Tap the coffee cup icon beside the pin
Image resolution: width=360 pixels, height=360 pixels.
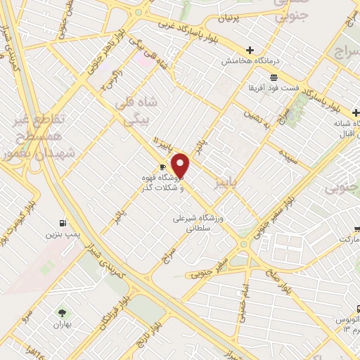(x=163, y=167)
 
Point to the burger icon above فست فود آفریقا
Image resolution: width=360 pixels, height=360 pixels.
(x=274, y=77)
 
